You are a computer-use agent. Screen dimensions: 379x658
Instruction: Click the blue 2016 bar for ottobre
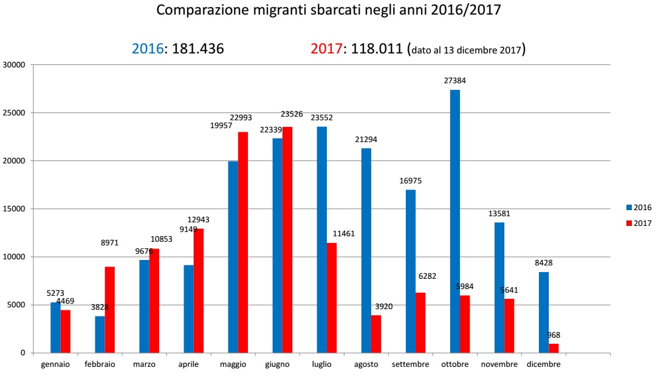click(455, 221)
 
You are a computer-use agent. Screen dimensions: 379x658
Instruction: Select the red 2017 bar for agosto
click(376, 333)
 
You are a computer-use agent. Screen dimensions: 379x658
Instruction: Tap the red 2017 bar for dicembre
click(553, 348)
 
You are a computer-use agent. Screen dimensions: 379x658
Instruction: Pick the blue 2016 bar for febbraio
click(100, 334)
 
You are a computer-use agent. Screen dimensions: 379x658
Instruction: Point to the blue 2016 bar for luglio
click(322, 239)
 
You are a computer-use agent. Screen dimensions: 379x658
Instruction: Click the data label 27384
click(455, 80)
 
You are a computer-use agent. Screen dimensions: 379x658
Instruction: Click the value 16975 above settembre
click(410, 180)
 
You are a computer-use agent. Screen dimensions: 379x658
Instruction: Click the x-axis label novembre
click(499, 364)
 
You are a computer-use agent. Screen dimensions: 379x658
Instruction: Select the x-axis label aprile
click(188, 364)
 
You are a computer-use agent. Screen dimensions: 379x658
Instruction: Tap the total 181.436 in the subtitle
click(198, 49)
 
